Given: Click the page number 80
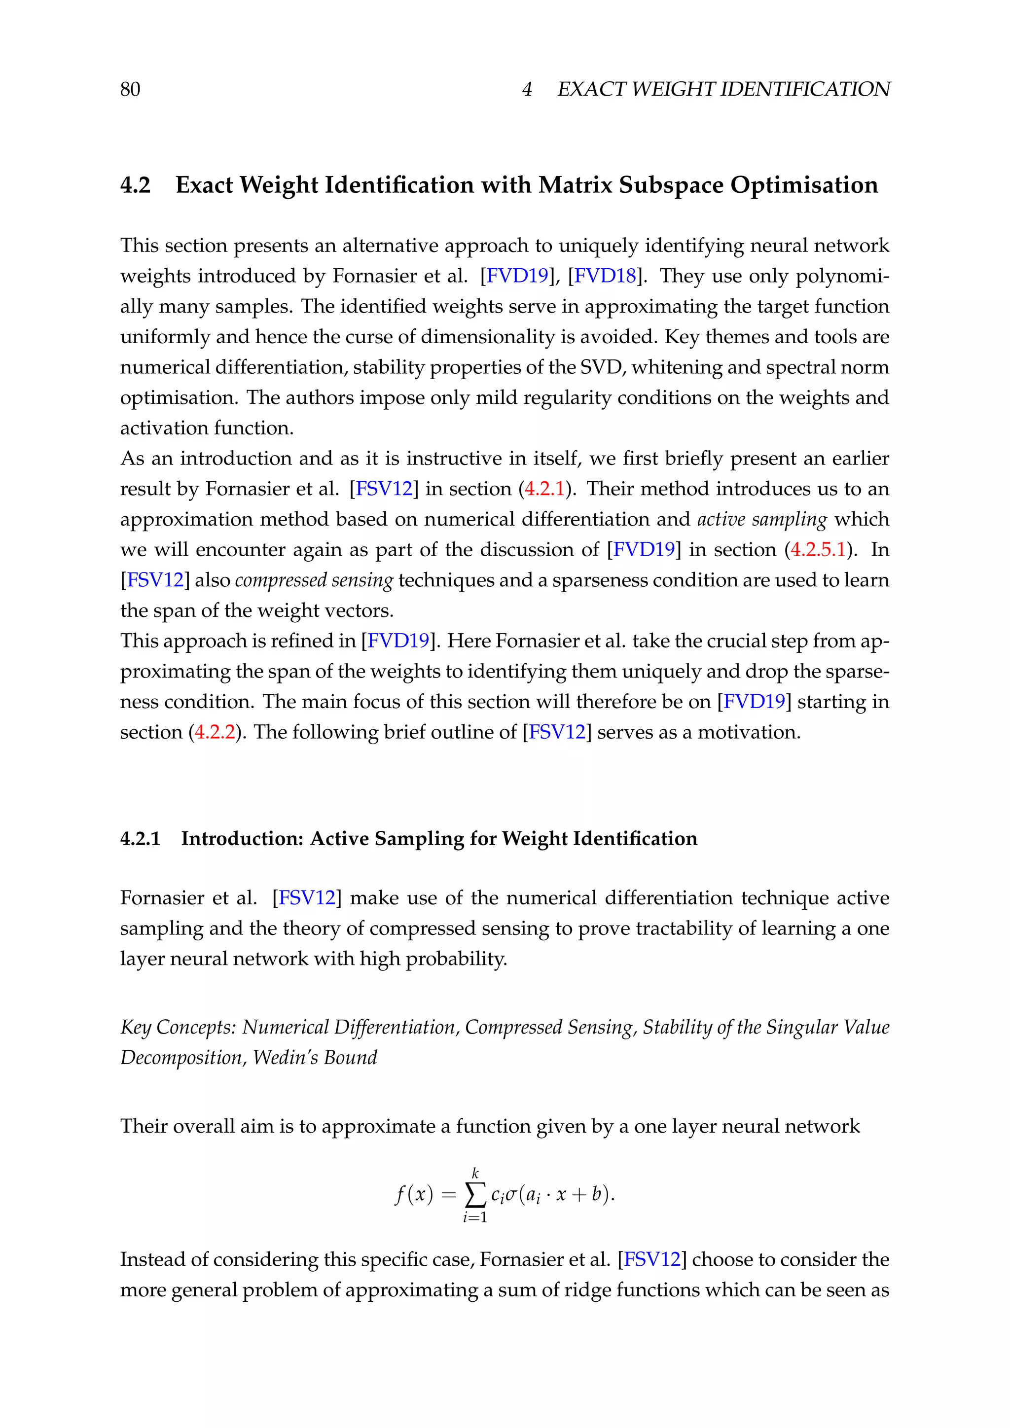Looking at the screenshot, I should coord(130,90).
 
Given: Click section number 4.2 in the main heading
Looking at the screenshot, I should coord(135,185).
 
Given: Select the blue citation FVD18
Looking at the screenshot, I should coord(605,276).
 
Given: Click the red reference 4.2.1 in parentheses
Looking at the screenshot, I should coord(544,489).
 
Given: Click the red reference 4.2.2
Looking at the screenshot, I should coord(215,732).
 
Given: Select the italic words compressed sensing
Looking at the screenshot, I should coord(314,580).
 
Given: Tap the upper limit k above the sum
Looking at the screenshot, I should coord(475,1173).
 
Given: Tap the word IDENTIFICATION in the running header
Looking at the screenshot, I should coord(805,90).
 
